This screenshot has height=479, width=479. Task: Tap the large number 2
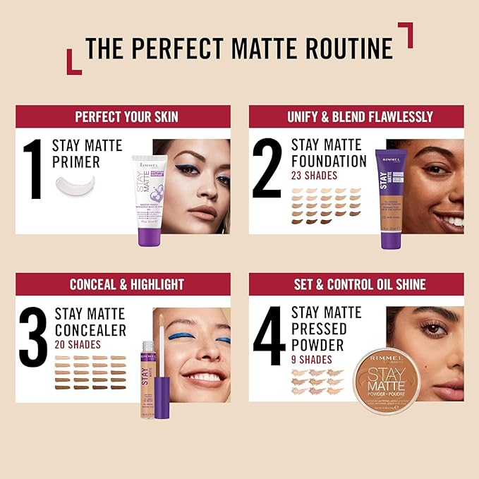pos(268,169)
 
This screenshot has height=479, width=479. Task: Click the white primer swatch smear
pos(80,187)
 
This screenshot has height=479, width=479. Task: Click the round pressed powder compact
pos(387,382)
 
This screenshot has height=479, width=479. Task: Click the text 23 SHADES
pos(315,176)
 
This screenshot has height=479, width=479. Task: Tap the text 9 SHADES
pos(311,360)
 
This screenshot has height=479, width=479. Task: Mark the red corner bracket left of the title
pos(73,63)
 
